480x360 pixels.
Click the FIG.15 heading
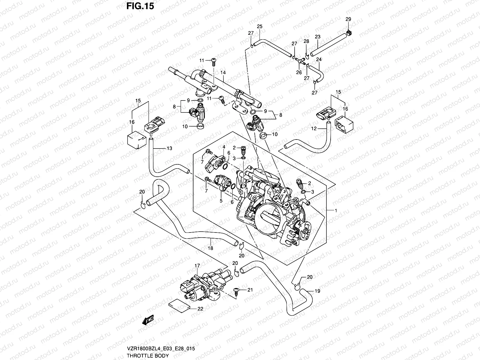pyautogui.click(x=140, y=6)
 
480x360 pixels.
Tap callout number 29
pyautogui.click(x=348, y=19)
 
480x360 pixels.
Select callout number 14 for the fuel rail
pyautogui.click(x=223, y=72)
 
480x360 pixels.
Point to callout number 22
pyautogui.click(x=200, y=308)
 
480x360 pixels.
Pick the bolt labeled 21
pyautogui.click(x=236, y=291)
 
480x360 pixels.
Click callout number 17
pyautogui.click(x=197, y=266)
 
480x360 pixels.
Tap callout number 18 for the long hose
pyautogui.click(x=210, y=248)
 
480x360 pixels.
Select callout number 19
pyautogui.click(x=317, y=291)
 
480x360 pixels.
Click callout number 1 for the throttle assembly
pyautogui.click(x=336, y=211)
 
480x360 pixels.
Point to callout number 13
pyautogui.click(x=169, y=148)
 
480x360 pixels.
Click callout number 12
pyautogui.click(x=314, y=129)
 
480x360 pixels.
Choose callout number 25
pyautogui.click(x=259, y=27)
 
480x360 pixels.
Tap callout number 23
pyautogui.click(x=317, y=37)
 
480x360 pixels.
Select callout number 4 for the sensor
pyautogui.click(x=223, y=147)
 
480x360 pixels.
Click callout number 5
pyautogui.click(x=221, y=201)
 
